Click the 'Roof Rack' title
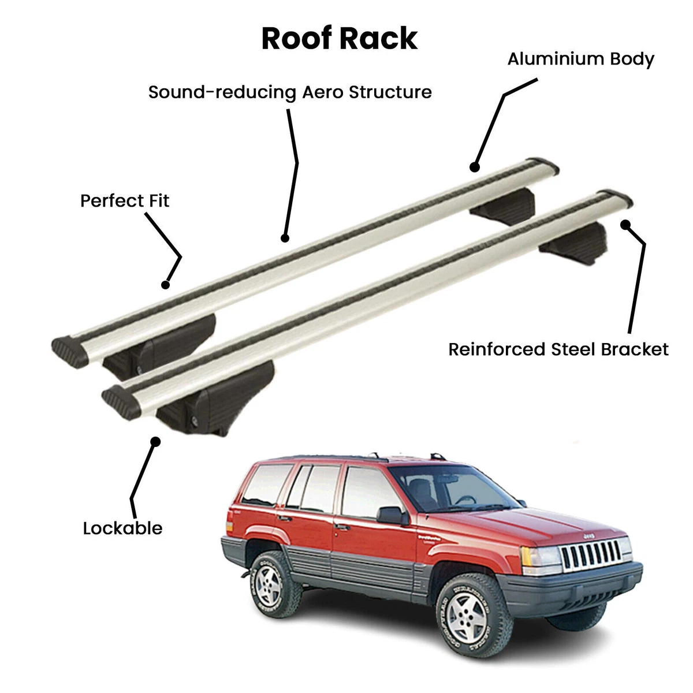[x=340, y=38]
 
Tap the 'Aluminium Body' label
[x=581, y=59]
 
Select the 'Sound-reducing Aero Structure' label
[x=290, y=92]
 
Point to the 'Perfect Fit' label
[x=124, y=200]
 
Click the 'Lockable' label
[x=122, y=528]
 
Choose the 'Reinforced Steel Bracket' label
[x=558, y=349]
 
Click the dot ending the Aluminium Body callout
[x=475, y=167]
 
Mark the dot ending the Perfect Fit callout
[x=165, y=285]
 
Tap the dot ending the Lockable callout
[x=155, y=441]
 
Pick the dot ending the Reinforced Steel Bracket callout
[x=625, y=225]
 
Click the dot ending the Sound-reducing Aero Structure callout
[x=285, y=238]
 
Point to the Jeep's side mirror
[x=393, y=515]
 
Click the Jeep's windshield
[x=455, y=489]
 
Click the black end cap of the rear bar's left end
[x=69, y=352]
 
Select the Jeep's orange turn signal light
[x=526, y=556]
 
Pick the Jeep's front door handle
[x=342, y=527]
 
